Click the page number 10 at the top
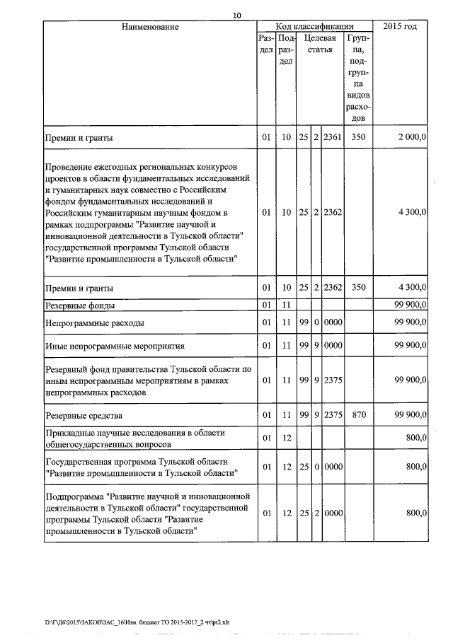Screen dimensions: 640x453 pos(236,16)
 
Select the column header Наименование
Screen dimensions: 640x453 pos(149,27)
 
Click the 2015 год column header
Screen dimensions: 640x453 pos(399,27)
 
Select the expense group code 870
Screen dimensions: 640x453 pos(358,414)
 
